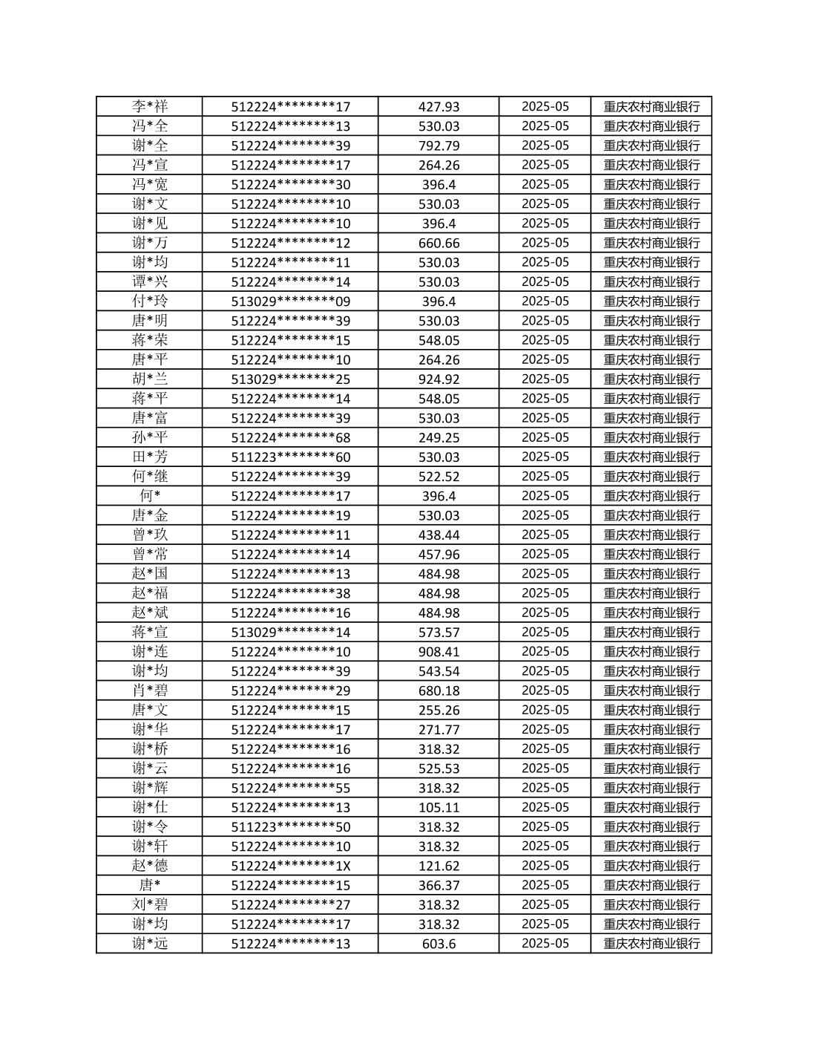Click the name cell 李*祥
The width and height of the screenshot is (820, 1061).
click(x=150, y=106)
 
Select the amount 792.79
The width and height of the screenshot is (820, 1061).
click(x=439, y=146)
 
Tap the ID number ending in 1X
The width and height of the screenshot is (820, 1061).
click(x=290, y=866)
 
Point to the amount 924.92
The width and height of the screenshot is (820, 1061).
click(x=439, y=379)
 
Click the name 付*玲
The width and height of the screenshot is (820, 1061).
click(x=150, y=301)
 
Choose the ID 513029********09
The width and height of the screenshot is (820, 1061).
click(x=290, y=301)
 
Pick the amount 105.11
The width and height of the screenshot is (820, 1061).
click(x=439, y=808)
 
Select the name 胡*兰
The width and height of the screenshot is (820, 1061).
click(x=150, y=379)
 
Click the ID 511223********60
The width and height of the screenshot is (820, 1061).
click(x=290, y=457)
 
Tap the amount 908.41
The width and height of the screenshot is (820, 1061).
click(x=439, y=652)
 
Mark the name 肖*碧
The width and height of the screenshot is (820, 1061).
click(x=150, y=691)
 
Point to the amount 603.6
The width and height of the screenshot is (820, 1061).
click(x=439, y=944)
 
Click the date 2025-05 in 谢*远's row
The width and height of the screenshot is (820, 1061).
click(x=545, y=944)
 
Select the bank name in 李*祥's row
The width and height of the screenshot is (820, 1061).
click(x=652, y=106)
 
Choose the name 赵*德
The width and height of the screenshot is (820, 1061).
click(x=150, y=866)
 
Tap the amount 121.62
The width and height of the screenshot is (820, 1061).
click(x=439, y=866)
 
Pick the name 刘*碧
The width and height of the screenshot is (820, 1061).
click(x=150, y=905)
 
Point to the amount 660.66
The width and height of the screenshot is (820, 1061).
click(x=439, y=243)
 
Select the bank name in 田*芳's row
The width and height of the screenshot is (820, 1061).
click(x=652, y=457)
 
